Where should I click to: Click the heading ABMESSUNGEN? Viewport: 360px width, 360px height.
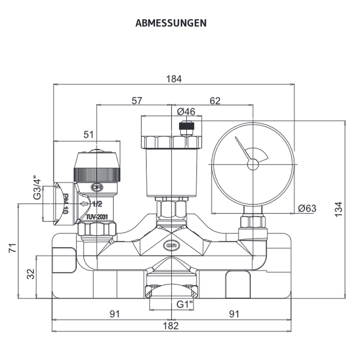pos(171,23)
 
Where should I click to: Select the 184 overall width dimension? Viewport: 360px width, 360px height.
pos(174,79)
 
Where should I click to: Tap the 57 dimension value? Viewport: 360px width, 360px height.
pos(136,101)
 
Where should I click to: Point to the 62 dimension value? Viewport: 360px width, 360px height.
pos(215,101)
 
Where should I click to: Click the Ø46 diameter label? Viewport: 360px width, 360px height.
pos(186,112)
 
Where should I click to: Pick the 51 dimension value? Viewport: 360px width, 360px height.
pos(89,135)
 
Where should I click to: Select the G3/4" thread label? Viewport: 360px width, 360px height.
pos(36,188)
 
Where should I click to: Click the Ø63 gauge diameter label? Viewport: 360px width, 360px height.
pos(307,208)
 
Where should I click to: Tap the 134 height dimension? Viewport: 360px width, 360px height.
pos(338,209)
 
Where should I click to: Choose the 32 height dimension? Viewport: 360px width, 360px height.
pos(31,274)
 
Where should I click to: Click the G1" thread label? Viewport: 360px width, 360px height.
pos(185,305)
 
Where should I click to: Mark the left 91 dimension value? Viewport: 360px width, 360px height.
pos(114,314)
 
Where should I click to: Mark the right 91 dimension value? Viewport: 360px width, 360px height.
pos(234,314)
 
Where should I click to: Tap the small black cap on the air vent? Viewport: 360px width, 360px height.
pos(187,126)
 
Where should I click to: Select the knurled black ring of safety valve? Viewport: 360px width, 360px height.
pos(97,174)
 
